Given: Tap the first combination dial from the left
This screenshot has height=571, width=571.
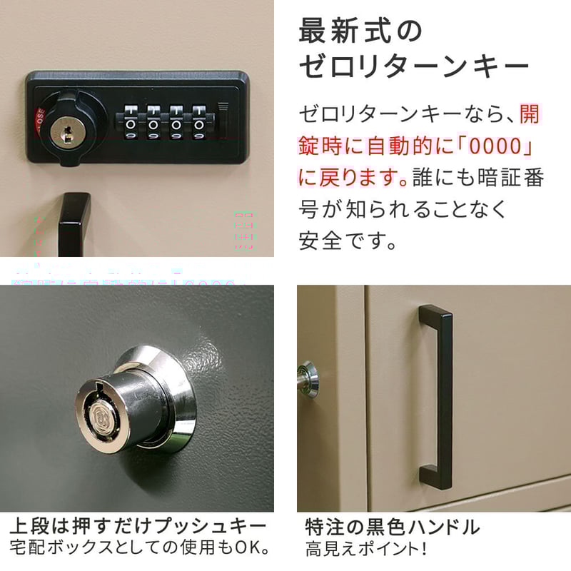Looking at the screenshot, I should pyautogui.click(x=131, y=123).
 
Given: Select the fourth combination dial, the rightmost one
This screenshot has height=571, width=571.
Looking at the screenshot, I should pyautogui.click(x=198, y=123).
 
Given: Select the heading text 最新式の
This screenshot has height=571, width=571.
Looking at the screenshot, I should pyautogui.click(x=360, y=32).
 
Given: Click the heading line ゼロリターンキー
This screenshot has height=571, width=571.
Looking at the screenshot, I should pyautogui.click(x=414, y=69).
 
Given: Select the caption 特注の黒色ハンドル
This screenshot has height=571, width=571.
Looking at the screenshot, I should pyautogui.click(x=392, y=528).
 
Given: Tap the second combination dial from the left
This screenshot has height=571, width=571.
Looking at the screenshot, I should pyautogui.click(x=153, y=123).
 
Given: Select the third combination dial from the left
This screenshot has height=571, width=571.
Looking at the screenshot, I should pyautogui.click(x=176, y=123).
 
